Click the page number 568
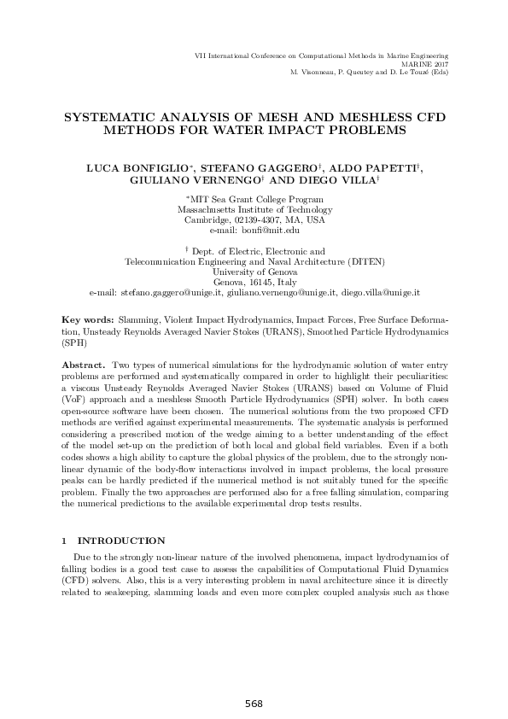point(254,704)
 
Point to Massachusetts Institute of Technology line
point(254,210)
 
